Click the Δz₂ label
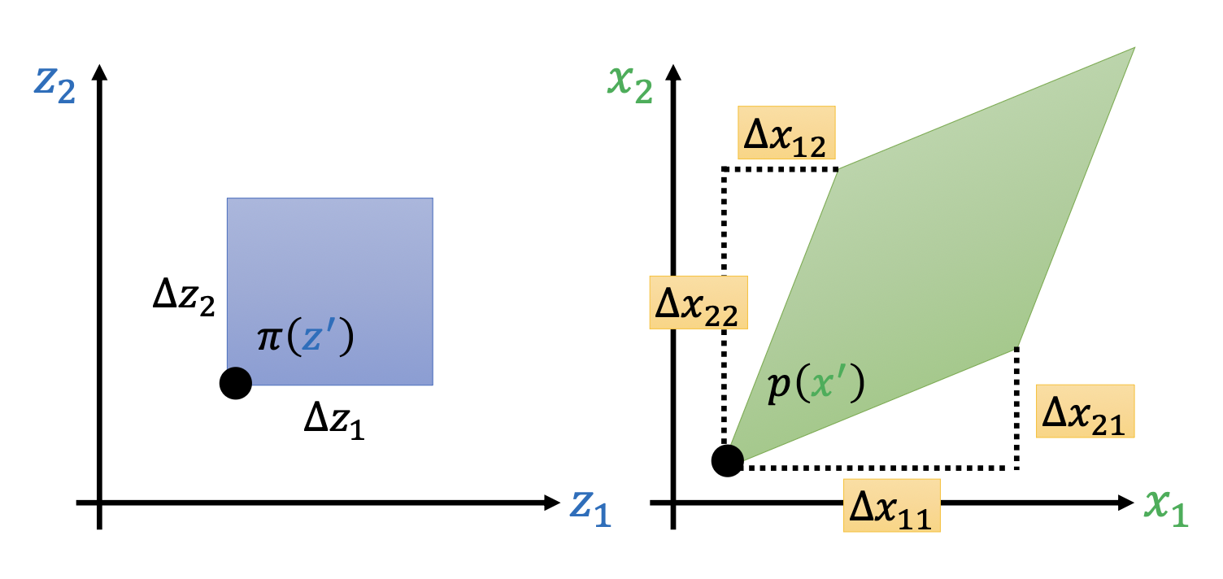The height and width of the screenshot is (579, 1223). [184, 300]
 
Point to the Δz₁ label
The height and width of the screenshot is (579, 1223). [334, 421]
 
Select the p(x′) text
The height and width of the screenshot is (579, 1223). [815, 388]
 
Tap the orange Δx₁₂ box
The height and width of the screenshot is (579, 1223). [786, 133]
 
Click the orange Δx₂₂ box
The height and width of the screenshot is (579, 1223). [699, 303]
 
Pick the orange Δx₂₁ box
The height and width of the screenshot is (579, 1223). [1085, 411]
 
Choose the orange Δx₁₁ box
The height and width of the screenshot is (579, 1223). [891, 506]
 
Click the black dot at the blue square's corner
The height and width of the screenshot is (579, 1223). [236, 383]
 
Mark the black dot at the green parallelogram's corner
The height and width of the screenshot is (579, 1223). [727, 461]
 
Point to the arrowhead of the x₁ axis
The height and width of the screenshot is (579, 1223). [1125, 503]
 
